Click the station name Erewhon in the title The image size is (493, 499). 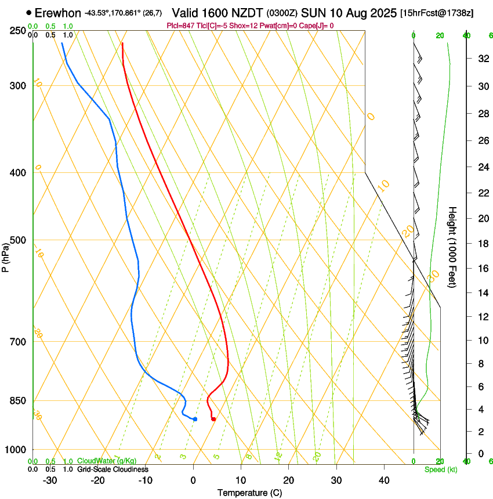(x=57, y=13)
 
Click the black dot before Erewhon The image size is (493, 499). (x=28, y=12)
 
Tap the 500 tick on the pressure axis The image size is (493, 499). (x=19, y=240)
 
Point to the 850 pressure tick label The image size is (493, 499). (x=19, y=401)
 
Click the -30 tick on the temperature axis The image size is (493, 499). (x=50, y=480)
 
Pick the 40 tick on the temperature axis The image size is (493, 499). (x=383, y=480)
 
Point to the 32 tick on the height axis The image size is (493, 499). (x=482, y=59)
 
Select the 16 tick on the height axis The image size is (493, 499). (x=482, y=268)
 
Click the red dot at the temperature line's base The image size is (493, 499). (x=214, y=419)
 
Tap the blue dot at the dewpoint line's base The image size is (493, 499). (x=195, y=419)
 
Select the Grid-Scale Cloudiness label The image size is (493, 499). (x=113, y=469)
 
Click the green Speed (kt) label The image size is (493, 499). (x=441, y=469)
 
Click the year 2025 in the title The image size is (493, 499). (x=380, y=13)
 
